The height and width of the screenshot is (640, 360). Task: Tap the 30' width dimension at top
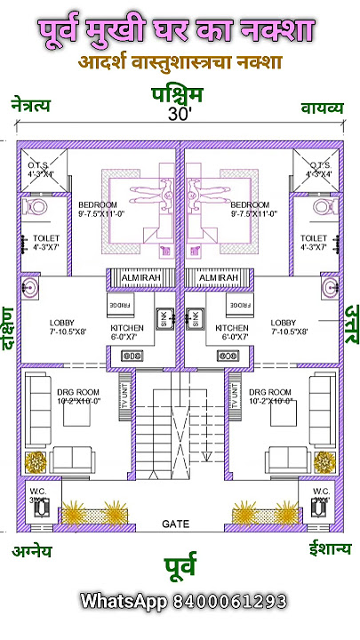(x=180, y=115)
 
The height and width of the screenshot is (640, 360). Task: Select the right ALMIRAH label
(x=219, y=278)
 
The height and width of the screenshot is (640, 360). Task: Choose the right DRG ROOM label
(x=270, y=392)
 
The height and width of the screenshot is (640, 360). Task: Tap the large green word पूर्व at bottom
(x=180, y=565)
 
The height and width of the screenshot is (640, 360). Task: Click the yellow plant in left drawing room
(x=36, y=462)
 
